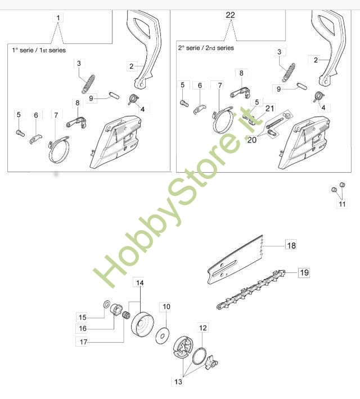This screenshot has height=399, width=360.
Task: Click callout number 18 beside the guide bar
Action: click(291, 245)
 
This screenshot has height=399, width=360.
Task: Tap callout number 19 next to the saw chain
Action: click(304, 272)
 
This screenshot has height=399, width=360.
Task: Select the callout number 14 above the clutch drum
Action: click(140, 283)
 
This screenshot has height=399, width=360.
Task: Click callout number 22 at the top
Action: click(230, 15)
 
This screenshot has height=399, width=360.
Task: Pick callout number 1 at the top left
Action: click(58, 18)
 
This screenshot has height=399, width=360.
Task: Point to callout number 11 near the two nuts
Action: click(342, 204)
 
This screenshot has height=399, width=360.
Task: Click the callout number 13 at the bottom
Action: click(178, 382)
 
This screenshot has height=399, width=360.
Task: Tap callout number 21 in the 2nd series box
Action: click(269, 109)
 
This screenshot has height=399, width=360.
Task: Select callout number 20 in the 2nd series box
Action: click(251, 140)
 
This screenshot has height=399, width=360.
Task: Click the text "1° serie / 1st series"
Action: click(39, 50)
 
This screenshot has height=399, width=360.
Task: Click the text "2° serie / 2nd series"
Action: click(206, 48)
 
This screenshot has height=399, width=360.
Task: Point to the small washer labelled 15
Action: click(106, 303)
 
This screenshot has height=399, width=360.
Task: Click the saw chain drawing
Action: click(251, 289)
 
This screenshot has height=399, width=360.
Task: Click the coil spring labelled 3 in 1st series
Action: click(88, 84)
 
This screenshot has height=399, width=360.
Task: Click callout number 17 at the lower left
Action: click(83, 342)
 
